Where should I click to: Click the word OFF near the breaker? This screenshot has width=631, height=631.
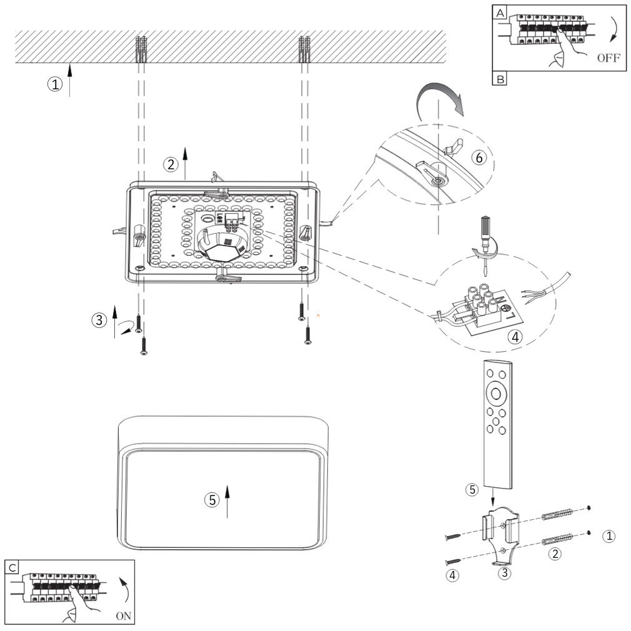609,59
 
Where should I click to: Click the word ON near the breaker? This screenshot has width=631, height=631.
124,615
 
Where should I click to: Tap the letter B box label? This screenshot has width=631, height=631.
501,79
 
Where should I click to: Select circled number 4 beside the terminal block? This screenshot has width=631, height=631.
514,337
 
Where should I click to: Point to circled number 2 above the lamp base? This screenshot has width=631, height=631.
170,164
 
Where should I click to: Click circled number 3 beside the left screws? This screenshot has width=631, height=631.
99,320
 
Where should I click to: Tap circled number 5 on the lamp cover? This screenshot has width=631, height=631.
212,500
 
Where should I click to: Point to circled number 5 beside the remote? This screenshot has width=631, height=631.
473,489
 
